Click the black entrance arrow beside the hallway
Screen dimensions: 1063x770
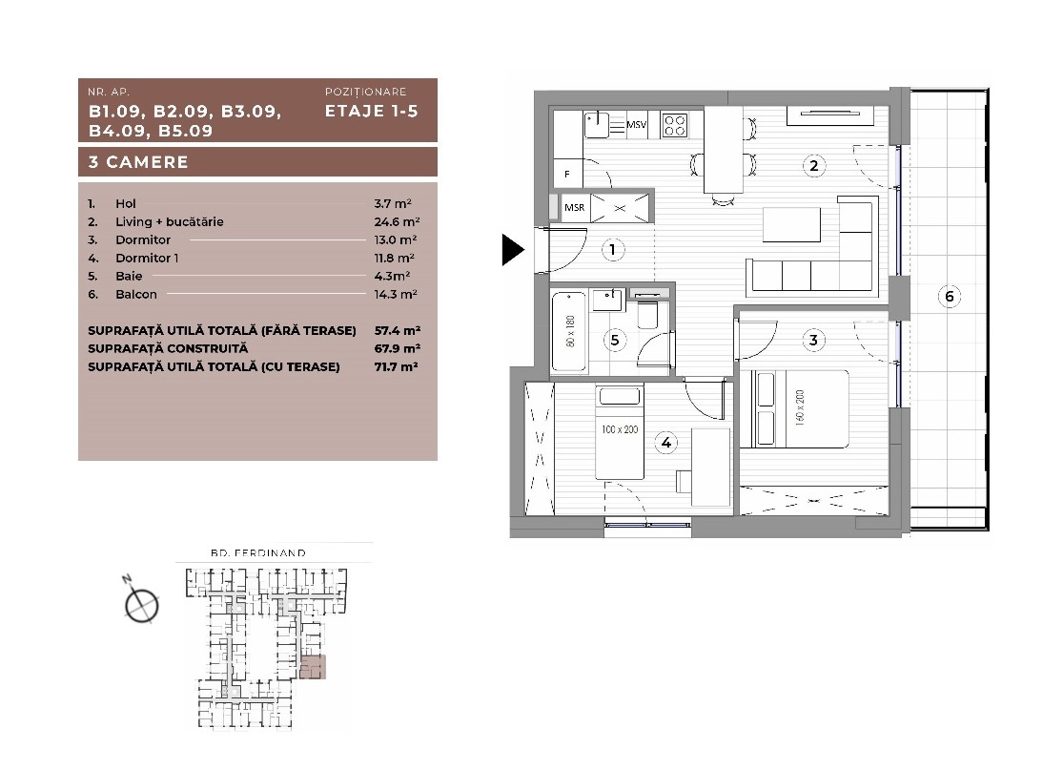coord(513,250)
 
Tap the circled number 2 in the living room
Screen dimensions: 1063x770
coord(813,165)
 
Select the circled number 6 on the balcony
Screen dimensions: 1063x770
coord(950,297)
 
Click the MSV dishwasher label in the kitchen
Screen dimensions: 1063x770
coord(637,125)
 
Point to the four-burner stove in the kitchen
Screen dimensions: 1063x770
coord(675,125)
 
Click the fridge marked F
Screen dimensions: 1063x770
coord(567,174)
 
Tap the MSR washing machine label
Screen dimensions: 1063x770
coord(574,208)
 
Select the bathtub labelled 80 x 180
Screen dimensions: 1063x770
coord(569,331)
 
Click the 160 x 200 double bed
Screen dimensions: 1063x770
coord(794,408)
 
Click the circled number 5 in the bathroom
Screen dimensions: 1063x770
coord(615,340)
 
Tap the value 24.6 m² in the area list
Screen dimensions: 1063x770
coord(397,222)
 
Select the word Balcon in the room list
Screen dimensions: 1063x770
coord(135,295)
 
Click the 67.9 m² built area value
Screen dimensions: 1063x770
coord(398,348)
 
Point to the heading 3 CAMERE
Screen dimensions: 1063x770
coord(138,162)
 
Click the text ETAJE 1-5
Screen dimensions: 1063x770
coord(372,112)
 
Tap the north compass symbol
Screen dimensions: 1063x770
coord(141,603)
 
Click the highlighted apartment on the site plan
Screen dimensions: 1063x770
coord(313,667)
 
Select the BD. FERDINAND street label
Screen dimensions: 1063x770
coord(258,552)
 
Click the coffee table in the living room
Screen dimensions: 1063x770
coord(792,224)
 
